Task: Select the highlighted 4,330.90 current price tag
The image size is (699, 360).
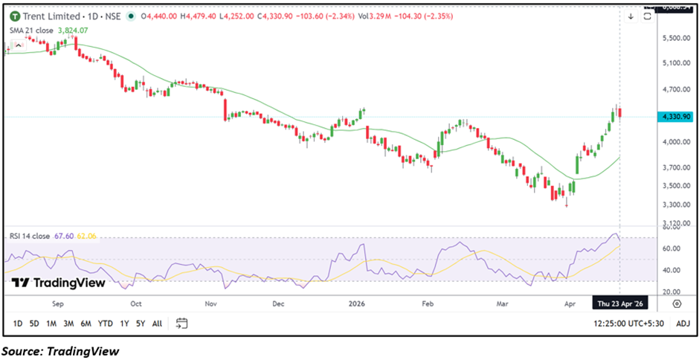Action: pyautogui.click(x=675, y=117)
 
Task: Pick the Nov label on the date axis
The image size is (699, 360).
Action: pyautogui.click(x=210, y=303)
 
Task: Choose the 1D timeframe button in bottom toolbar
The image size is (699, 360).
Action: pyautogui.click(x=18, y=324)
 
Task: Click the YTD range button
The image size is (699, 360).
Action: pyautogui.click(x=106, y=324)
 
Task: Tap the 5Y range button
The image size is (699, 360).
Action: pyautogui.click(x=140, y=324)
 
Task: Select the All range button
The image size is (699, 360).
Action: pyautogui.click(x=157, y=324)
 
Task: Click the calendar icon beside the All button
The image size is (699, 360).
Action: pyautogui.click(x=181, y=324)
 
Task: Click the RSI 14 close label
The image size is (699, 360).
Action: pyautogui.click(x=30, y=236)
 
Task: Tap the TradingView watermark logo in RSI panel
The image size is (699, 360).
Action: pyautogui.click(x=58, y=283)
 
